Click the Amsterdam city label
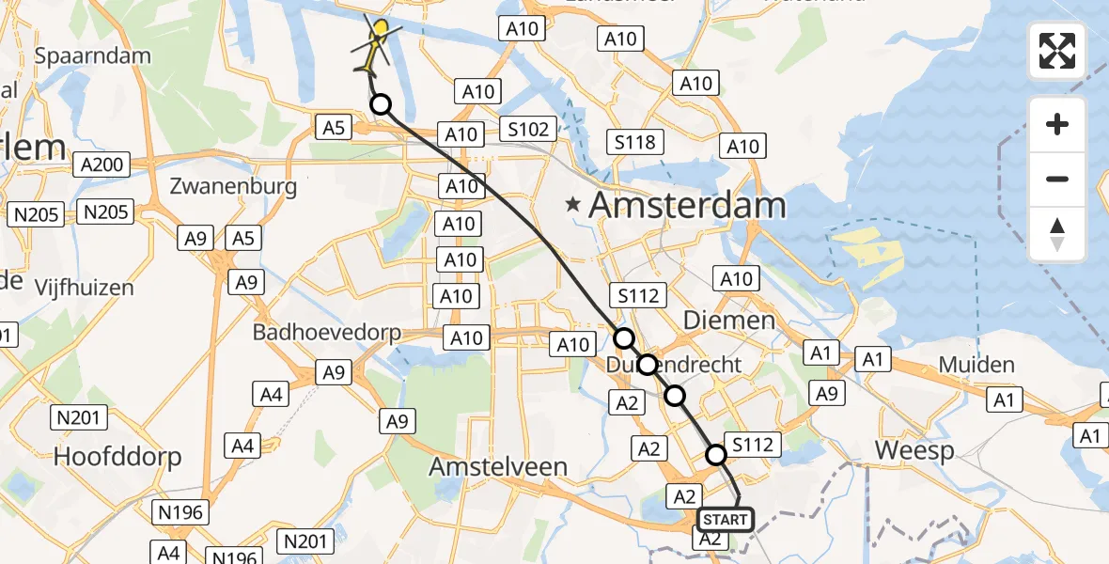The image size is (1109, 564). point(687,206)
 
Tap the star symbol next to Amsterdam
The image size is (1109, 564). point(571,204)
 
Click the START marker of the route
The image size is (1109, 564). point(726,520)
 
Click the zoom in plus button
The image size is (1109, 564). point(1057,124)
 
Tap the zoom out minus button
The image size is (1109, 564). point(1057,179)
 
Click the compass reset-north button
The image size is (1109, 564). point(1057,234)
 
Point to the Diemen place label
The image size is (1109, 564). point(742,321)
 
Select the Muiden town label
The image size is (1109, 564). point(977,365)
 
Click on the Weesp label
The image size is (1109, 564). point(914,450)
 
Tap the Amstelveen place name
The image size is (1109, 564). point(511,466)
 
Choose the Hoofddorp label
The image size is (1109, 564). point(117,457)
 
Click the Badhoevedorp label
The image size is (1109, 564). point(326,333)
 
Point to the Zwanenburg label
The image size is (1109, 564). point(233,186)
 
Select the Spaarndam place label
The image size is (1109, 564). point(92,55)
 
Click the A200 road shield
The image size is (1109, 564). point(102,165)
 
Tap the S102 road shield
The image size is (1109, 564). point(528,129)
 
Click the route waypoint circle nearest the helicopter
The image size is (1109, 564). point(381,104)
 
